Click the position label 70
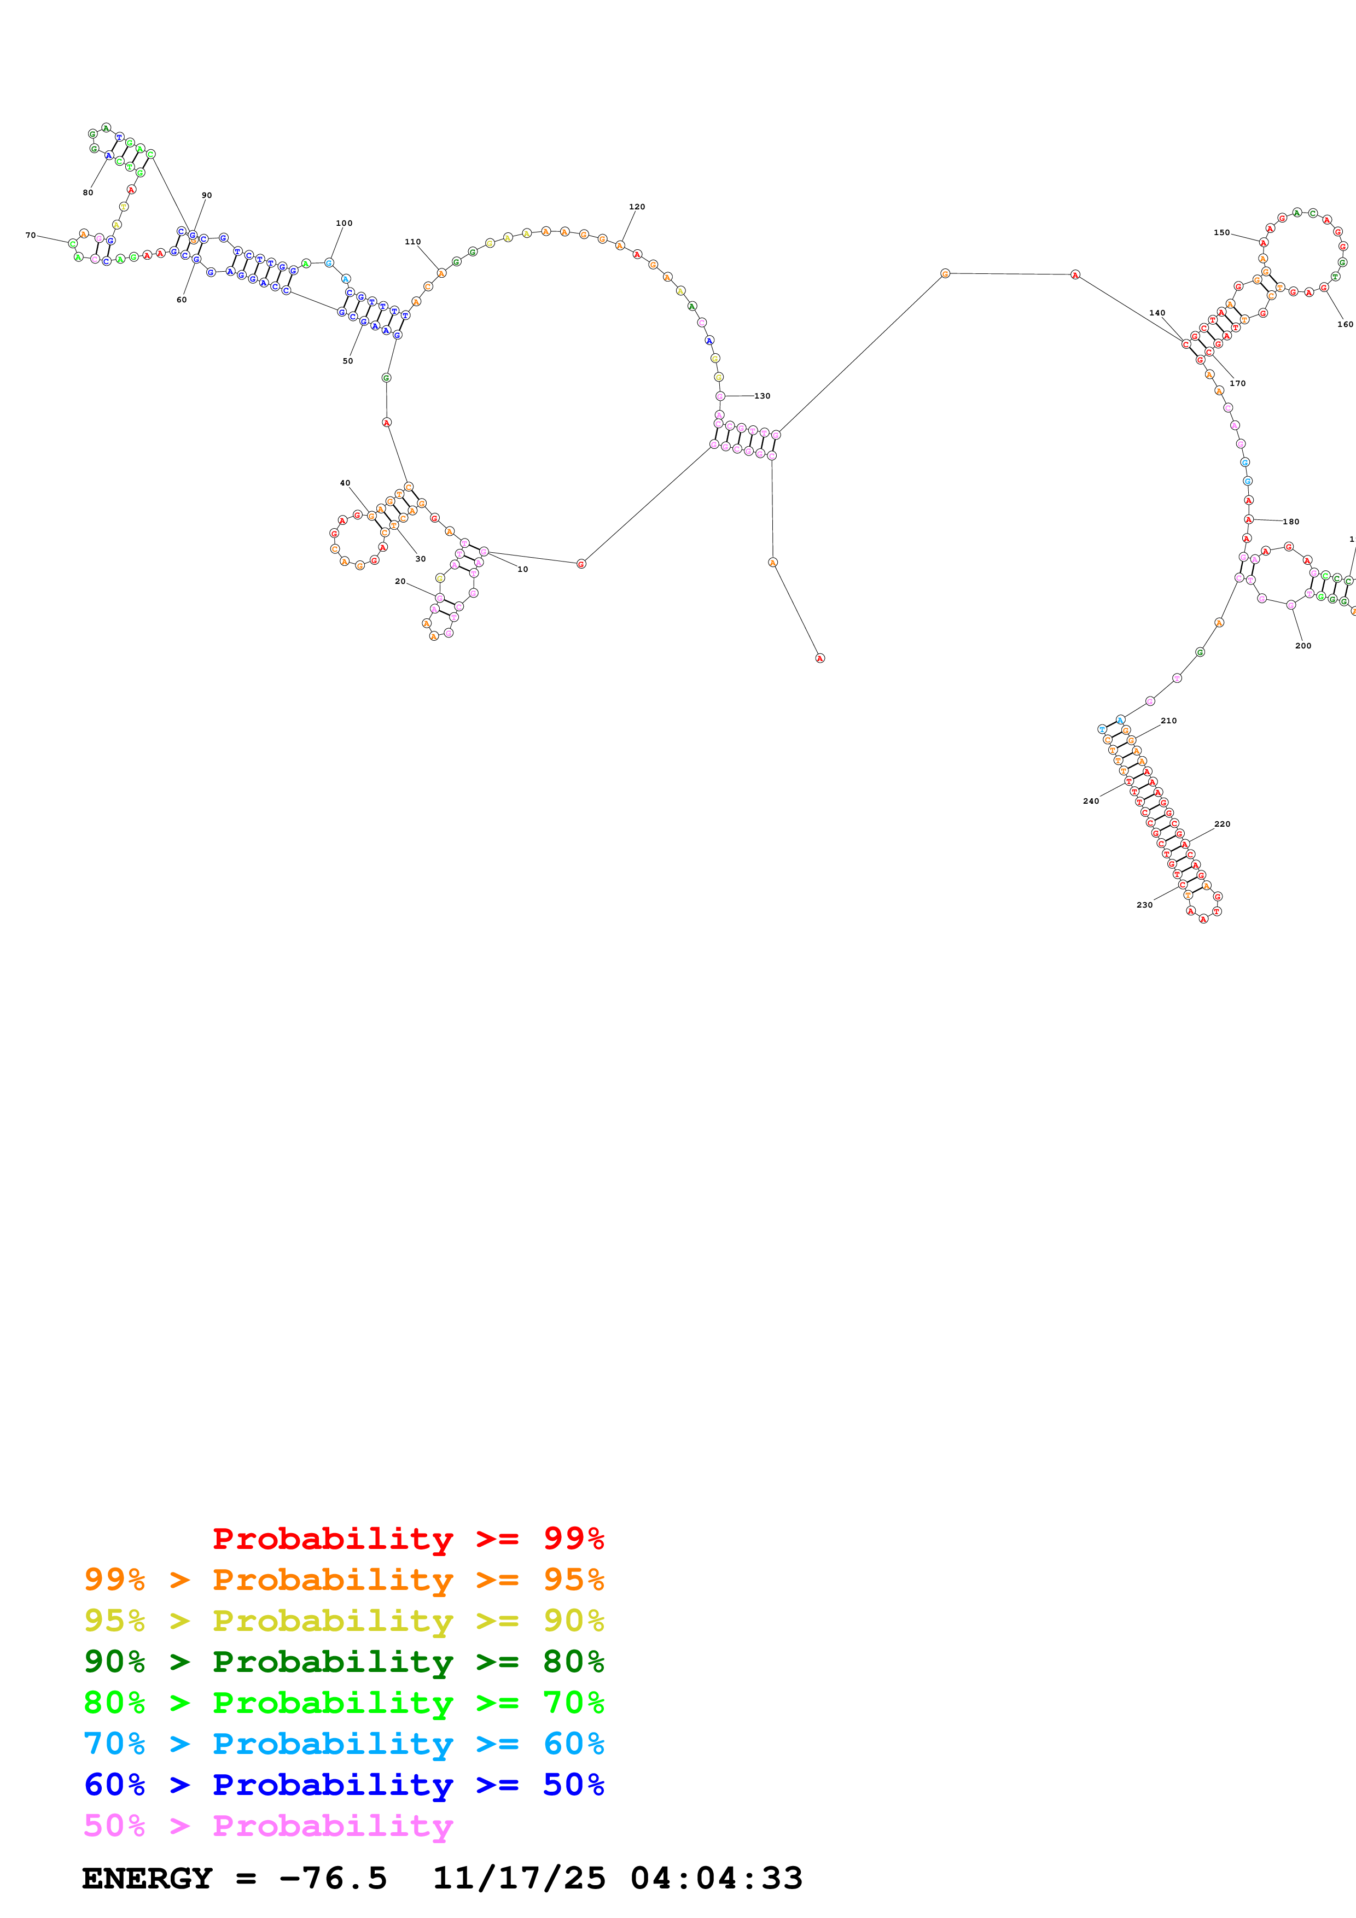(31, 236)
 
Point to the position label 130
(762, 396)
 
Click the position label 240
(1091, 801)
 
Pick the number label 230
(1145, 905)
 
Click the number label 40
(345, 483)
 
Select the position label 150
(1221, 233)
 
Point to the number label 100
(344, 223)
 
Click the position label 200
(1303, 646)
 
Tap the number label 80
(88, 193)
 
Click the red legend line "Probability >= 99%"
(408, 1539)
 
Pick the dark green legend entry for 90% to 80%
(344, 1662)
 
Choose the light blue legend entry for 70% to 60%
(344, 1744)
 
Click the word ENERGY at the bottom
(147, 1879)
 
